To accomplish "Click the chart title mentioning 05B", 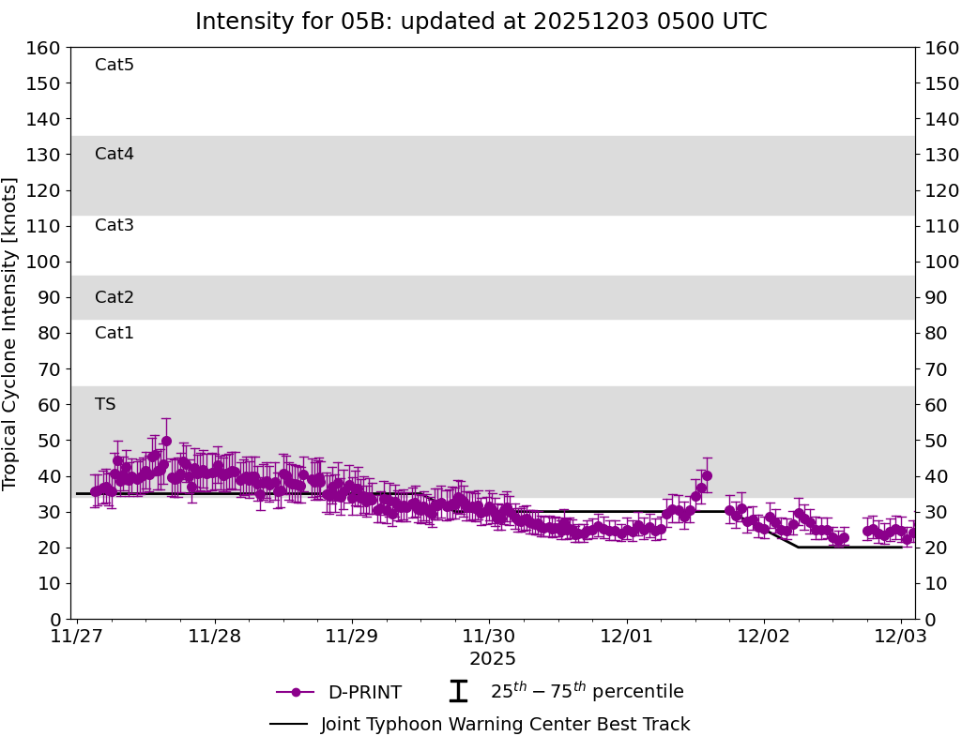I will point(481,22).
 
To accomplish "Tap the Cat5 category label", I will point(115,65).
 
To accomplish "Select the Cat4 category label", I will point(115,154).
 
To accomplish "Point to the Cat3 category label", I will point(115,225).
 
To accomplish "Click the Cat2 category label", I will point(115,297).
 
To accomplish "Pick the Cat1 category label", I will point(115,333).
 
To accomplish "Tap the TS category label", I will point(105,404).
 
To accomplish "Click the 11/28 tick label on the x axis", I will point(214,638).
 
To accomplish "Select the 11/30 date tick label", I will point(489,638).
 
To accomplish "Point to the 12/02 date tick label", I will point(764,638).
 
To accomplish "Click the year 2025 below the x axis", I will point(493,659).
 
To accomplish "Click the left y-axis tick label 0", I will point(55,619).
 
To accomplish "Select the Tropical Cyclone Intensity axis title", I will point(10,333).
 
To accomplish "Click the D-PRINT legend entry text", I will point(364,693).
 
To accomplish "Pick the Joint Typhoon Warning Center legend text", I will point(505,725).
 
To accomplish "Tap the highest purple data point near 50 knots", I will point(166,441).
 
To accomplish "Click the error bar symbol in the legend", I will point(458,692).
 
